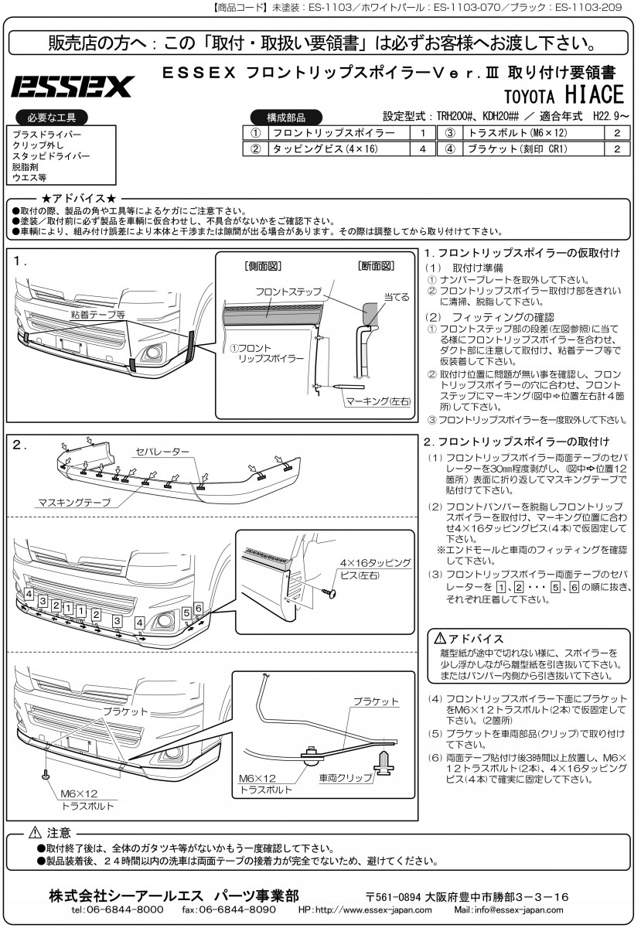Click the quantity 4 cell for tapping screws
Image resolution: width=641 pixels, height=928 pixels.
[x=422, y=149]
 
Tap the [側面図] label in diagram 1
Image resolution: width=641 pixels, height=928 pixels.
[x=262, y=266]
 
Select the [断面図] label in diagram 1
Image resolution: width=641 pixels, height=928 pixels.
[x=377, y=266]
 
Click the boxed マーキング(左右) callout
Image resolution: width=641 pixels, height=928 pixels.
[x=379, y=401]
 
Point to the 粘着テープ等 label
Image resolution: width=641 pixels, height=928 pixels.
[x=98, y=316]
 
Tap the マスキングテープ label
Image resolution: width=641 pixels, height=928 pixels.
[x=73, y=502]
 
